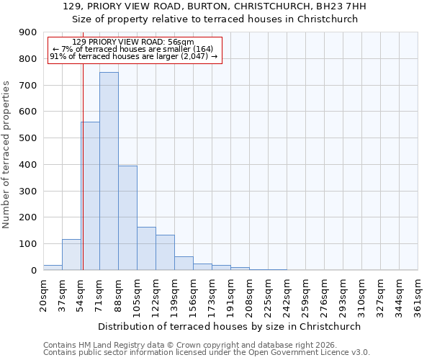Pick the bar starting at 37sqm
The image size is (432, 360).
[71, 255]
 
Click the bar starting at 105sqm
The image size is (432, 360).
[146, 248]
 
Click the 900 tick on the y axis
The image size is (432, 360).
[27, 32]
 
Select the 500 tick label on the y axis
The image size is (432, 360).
[27, 138]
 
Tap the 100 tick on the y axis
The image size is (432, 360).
[27, 244]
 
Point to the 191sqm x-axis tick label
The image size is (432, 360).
[230, 295]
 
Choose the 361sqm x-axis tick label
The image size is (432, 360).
[418, 295]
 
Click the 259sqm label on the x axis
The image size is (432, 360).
[305, 295]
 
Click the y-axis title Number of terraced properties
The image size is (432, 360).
[7, 155]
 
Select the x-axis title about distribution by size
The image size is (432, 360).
[230, 326]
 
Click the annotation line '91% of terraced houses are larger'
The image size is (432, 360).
[133, 55]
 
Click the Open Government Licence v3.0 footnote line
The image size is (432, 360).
[207, 353]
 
